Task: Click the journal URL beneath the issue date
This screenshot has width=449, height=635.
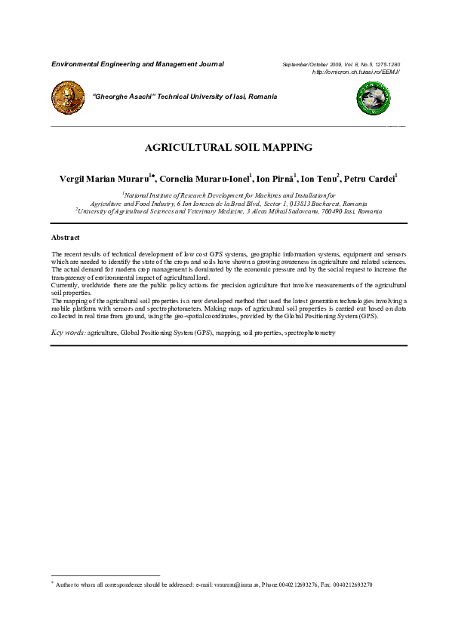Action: (355, 72)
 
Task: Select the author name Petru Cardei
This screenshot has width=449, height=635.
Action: (371, 179)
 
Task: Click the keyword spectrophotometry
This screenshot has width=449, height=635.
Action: (310, 333)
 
